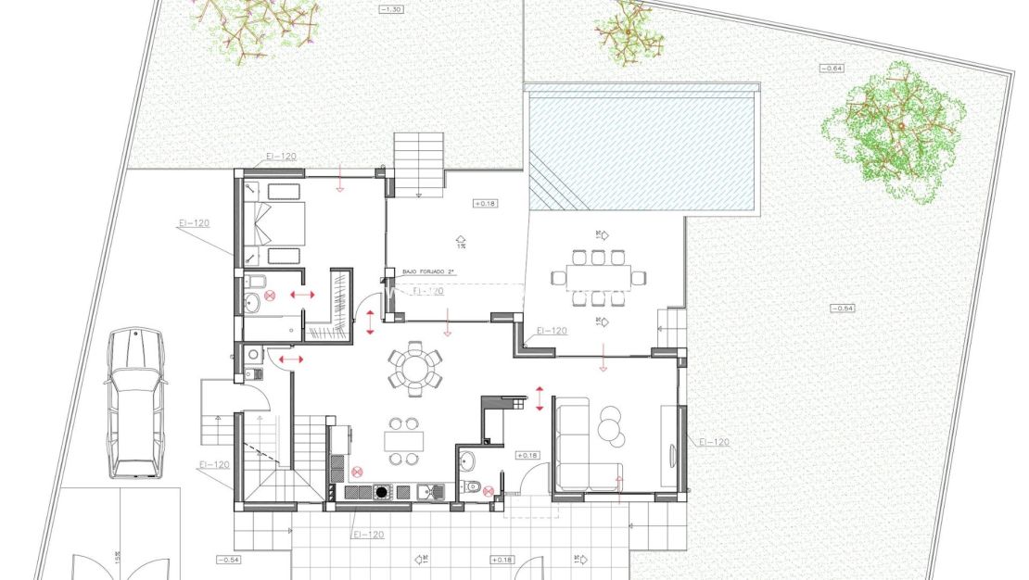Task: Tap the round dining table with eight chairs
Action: tap(414, 367)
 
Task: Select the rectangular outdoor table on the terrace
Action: tap(598, 276)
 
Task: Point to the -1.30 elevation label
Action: tap(392, 9)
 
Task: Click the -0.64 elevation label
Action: tap(831, 68)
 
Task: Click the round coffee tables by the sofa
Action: tap(611, 422)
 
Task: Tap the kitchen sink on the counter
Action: tap(427, 491)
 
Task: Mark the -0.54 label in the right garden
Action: tap(842, 308)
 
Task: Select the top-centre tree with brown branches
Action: tap(629, 35)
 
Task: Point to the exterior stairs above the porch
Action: tap(420, 163)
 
